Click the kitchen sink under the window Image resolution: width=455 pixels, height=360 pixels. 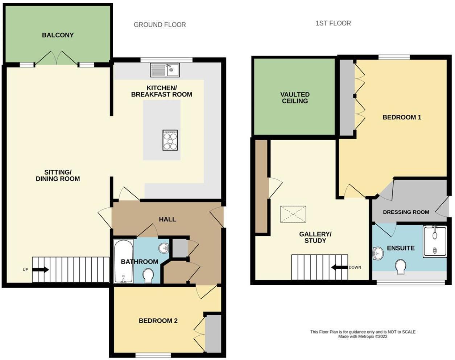165,70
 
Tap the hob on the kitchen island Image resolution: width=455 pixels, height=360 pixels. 170,140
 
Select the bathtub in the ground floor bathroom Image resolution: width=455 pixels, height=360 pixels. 124,261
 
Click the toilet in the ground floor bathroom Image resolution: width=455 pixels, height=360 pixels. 148,276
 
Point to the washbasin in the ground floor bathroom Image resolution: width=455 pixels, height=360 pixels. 164,248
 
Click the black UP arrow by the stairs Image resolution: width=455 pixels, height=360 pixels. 41,270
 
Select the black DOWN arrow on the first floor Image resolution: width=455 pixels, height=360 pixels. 340,267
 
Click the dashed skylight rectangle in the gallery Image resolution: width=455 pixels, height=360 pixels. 293,214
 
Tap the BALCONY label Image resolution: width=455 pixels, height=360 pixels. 58,35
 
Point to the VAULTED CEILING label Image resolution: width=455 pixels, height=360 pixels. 295,98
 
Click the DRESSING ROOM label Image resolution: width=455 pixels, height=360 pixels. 406,212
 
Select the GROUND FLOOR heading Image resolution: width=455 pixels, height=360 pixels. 160,25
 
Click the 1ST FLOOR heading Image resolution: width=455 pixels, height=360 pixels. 333,23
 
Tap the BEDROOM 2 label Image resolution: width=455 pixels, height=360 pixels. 158,321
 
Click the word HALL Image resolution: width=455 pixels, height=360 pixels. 167,219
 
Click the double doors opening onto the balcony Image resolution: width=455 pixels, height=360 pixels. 57,58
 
